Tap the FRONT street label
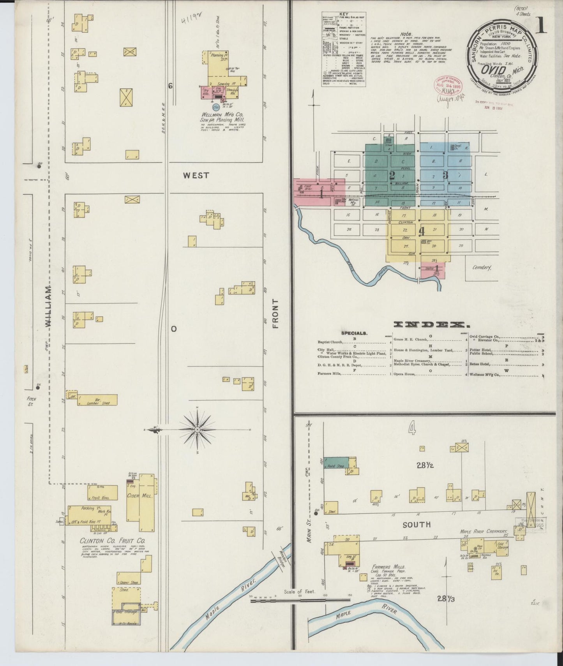click(276, 314)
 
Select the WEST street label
click(196, 176)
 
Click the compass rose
click(197, 429)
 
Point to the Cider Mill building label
click(141, 497)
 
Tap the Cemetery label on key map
click(482, 268)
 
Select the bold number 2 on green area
click(392, 175)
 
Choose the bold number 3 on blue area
click(445, 175)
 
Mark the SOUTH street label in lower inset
click(417, 525)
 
